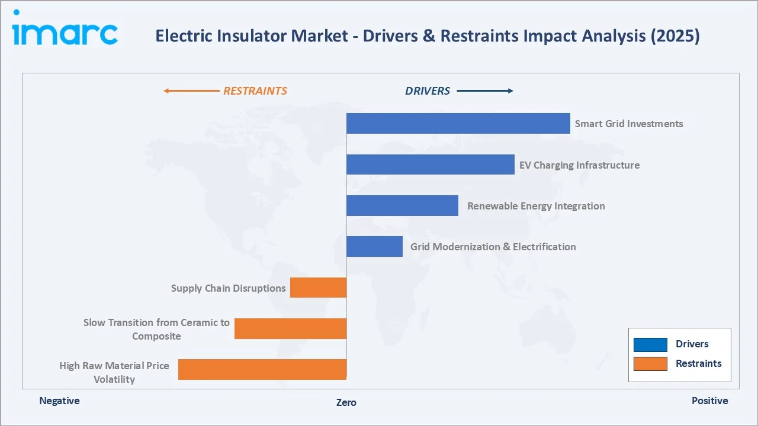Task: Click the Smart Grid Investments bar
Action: (x=458, y=123)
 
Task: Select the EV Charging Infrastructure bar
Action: (x=430, y=164)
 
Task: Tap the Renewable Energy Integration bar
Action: (x=402, y=205)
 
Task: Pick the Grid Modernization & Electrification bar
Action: (x=374, y=246)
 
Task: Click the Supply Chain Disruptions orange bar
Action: (x=318, y=288)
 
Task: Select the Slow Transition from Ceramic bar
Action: (x=290, y=328)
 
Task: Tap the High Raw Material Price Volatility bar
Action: (x=262, y=369)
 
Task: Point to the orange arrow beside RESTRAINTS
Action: (x=191, y=91)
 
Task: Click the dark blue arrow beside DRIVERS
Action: (x=484, y=91)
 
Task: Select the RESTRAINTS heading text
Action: (x=255, y=91)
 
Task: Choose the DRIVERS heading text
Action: (x=427, y=91)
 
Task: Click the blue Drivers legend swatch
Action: (x=650, y=344)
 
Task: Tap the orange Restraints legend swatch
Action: (x=650, y=363)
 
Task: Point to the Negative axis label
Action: (x=59, y=401)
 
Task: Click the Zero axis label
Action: (x=346, y=402)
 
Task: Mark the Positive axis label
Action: (x=709, y=401)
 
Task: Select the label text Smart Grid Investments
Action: (x=628, y=124)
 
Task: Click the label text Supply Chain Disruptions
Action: (x=228, y=288)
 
